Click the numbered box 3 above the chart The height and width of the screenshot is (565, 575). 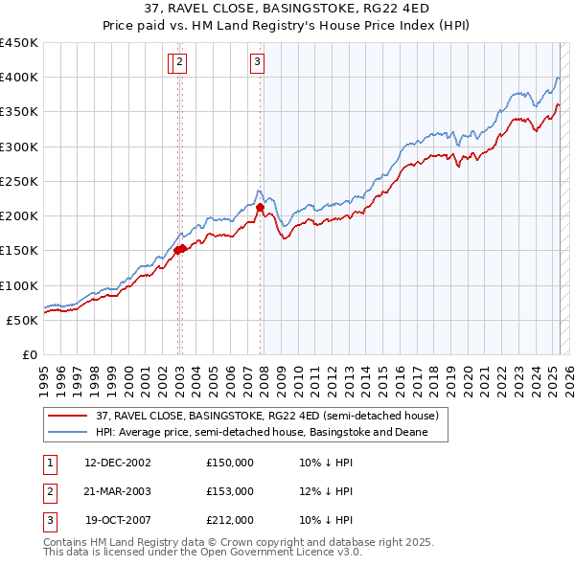pyautogui.click(x=258, y=63)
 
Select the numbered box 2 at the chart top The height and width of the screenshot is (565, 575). pyautogui.click(x=180, y=63)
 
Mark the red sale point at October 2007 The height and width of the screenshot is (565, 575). pyautogui.click(x=260, y=206)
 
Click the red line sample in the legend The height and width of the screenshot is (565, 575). pyautogui.click(x=68, y=416)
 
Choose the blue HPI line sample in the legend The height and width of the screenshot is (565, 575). pyautogui.click(x=68, y=433)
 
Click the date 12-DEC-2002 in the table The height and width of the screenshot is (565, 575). pyautogui.click(x=118, y=463)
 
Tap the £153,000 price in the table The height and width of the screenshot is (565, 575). pyautogui.click(x=229, y=491)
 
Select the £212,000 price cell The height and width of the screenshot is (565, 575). pyautogui.click(x=229, y=521)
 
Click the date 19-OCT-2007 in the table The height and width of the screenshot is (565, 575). pyautogui.click(x=118, y=521)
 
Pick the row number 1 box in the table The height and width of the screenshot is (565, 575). pyautogui.click(x=49, y=463)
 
